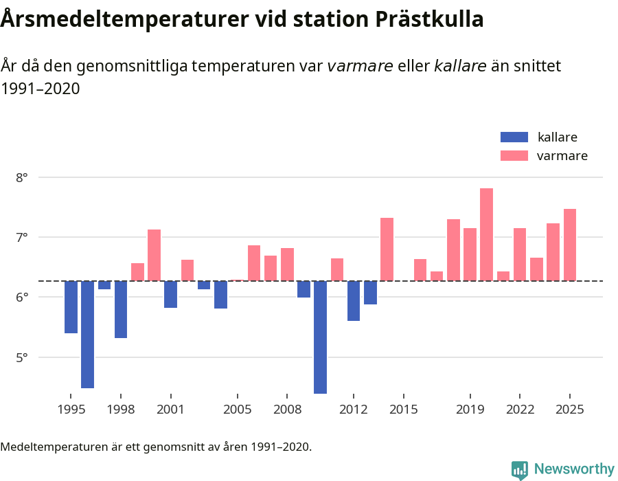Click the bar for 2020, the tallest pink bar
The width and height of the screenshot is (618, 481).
(486, 234)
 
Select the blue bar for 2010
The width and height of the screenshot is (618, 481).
(320, 337)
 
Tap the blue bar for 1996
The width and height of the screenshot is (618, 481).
(87, 334)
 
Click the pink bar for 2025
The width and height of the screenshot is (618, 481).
(570, 245)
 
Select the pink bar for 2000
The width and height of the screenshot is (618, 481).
(154, 255)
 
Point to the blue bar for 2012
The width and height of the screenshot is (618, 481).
(354, 300)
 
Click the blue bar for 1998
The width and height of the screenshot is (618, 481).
(121, 309)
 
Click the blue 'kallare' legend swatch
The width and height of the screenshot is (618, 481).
(514, 137)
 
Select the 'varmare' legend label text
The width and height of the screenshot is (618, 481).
(562, 156)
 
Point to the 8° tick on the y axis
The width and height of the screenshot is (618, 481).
(21, 177)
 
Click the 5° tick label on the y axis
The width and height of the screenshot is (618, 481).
(21, 357)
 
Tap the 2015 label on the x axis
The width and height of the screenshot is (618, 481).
(403, 410)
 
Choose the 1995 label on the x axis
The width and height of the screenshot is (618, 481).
(71, 410)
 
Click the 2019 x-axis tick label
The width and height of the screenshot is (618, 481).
(470, 410)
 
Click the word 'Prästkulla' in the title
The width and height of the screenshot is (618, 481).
(429, 20)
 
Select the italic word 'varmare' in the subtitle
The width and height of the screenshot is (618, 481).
(360, 66)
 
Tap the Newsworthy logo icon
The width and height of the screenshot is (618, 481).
(520, 469)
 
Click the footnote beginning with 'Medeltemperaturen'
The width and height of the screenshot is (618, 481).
(156, 447)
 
